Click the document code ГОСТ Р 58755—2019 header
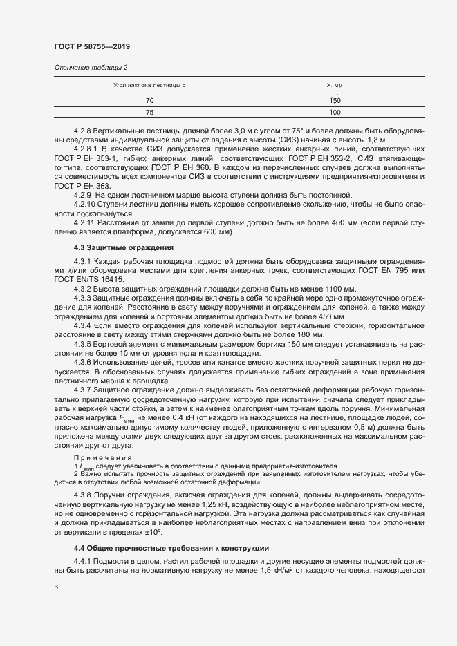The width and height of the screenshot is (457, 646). [91, 46]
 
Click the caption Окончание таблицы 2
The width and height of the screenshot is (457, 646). [91, 67]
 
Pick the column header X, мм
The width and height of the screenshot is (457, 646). [335, 86]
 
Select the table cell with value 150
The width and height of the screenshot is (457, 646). [335, 101]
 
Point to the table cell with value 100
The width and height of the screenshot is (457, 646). [335, 112]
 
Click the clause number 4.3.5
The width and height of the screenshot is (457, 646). [83, 344]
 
